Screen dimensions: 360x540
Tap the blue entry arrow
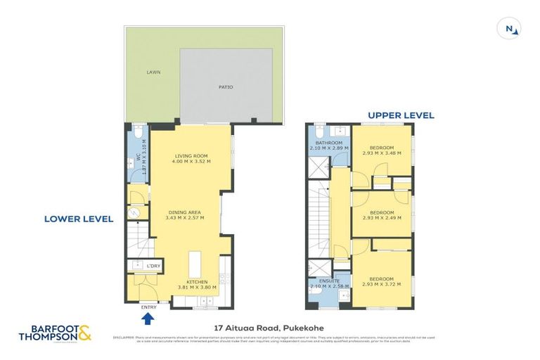click(148, 319)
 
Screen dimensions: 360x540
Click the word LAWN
click(153, 72)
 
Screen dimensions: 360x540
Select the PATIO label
click(225, 87)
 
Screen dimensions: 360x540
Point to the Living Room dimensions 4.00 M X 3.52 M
click(191, 162)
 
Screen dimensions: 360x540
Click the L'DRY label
click(153, 266)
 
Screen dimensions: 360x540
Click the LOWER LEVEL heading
click(79, 219)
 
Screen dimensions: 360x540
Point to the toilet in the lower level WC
click(138, 132)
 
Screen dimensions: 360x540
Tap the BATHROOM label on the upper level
click(329, 143)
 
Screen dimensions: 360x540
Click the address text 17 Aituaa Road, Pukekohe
click(271, 327)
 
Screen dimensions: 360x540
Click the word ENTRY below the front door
click(148, 307)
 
